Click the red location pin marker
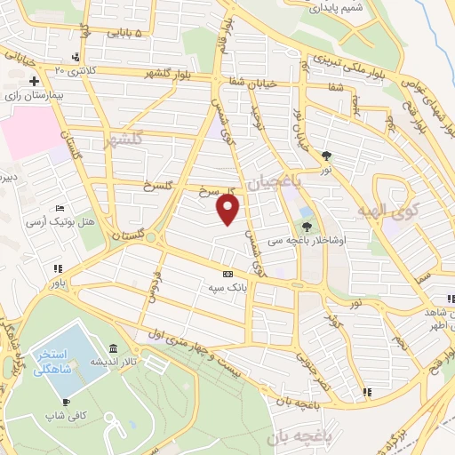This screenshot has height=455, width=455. coord(228,210)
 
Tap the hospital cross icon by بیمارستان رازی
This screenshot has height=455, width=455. coord(32,82)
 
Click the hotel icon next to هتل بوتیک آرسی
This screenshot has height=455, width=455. coord(60,206)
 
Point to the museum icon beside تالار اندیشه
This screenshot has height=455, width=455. coord(112,348)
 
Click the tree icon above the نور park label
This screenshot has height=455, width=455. coord(327,156)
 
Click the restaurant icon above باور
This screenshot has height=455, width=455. coord(58,269)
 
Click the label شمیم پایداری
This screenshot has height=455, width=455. coord(335,8)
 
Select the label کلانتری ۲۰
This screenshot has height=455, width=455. coord(74,69)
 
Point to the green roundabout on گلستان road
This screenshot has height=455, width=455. coord(151,238)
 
